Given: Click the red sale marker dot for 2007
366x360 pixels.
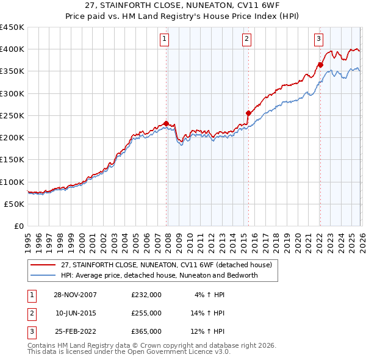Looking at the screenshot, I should (x=166, y=123).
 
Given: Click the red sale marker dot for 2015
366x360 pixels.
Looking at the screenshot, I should (x=248, y=113).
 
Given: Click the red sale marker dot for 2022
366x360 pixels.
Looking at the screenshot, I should (x=320, y=65).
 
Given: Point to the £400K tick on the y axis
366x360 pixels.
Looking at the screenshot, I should (x=12, y=49).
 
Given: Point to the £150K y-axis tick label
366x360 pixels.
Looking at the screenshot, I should (x=12, y=160).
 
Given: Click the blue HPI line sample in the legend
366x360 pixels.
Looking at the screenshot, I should (x=44, y=275).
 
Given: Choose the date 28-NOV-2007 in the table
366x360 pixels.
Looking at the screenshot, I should (x=76, y=295).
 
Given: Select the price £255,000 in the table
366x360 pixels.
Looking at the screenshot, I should (x=146, y=313).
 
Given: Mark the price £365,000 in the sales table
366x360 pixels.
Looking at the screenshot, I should (x=146, y=331).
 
